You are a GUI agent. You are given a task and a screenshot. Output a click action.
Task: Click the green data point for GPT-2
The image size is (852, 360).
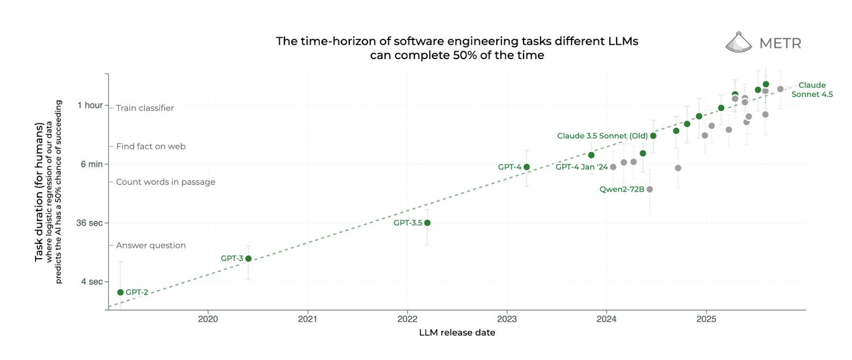[120, 292]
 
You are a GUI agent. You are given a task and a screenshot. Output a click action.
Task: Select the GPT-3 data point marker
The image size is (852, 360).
[248, 258]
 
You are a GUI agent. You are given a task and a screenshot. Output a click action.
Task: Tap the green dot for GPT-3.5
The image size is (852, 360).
[427, 223]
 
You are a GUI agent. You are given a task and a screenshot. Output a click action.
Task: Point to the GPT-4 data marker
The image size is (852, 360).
[527, 167]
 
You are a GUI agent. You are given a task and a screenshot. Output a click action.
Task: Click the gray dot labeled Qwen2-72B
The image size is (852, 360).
[650, 189]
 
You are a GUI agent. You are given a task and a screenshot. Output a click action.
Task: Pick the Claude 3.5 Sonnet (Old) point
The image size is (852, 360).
[653, 136]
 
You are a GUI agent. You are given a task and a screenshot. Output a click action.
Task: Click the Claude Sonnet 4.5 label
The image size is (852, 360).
[812, 89]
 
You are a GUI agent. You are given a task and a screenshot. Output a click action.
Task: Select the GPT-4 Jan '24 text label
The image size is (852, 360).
[581, 167]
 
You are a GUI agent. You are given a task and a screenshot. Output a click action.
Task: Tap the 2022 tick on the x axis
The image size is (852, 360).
[407, 319]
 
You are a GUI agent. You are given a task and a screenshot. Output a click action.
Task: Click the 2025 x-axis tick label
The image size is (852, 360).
[706, 319]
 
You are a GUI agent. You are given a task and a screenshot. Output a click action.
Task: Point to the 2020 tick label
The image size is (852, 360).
[208, 319]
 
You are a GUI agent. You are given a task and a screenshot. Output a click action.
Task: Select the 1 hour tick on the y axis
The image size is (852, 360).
[90, 105]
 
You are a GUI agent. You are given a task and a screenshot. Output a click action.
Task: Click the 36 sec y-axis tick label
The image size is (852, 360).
[89, 223]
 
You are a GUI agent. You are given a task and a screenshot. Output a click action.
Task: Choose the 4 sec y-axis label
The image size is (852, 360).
[92, 282]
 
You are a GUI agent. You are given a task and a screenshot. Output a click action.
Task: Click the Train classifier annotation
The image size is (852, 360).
[145, 108]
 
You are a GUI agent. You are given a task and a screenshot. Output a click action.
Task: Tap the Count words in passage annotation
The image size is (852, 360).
[166, 182]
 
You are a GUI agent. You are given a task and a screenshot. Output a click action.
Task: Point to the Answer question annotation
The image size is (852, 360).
[151, 246]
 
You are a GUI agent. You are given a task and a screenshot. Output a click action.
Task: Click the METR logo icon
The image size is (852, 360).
[739, 43]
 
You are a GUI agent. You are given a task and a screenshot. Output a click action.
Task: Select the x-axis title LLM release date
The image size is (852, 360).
[457, 333]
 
